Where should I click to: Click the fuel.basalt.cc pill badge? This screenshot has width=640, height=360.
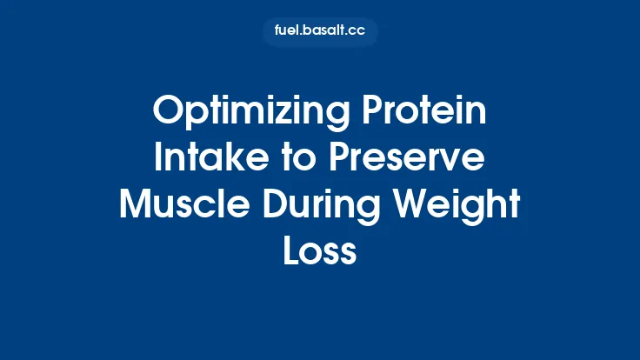pos(320,32)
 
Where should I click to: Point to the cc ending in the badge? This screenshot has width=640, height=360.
pos(356,32)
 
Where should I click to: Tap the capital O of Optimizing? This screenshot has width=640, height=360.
pos(168,112)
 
